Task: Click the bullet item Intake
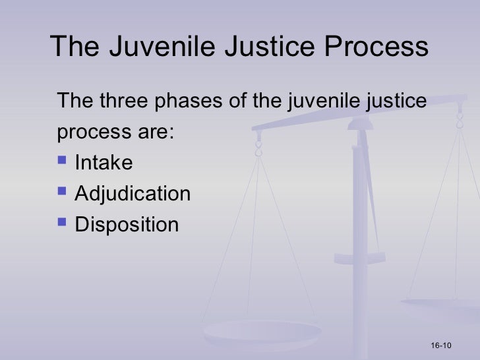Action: click(x=104, y=162)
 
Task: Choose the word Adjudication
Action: click(x=133, y=194)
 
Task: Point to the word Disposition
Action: click(x=127, y=225)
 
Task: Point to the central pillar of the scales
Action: click(x=360, y=218)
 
